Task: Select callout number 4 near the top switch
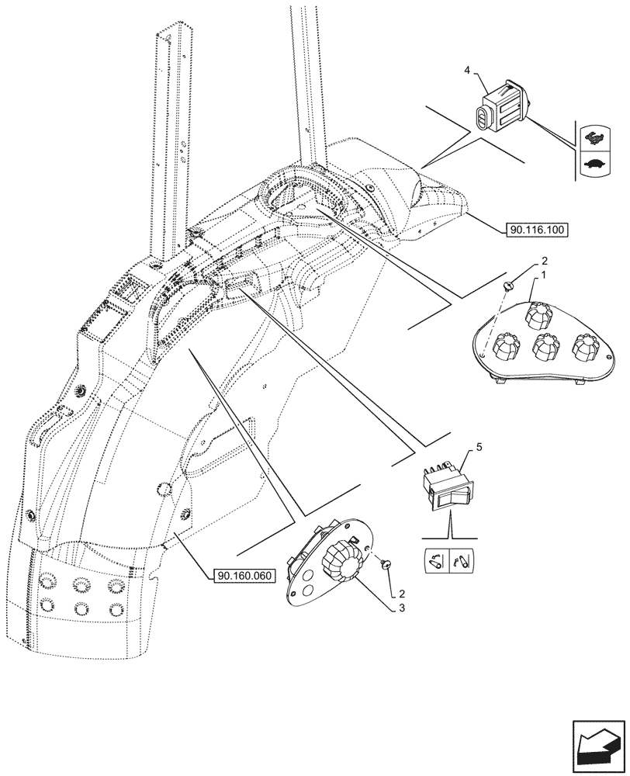[x=467, y=71]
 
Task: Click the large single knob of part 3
[x=340, y=563]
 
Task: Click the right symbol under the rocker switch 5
[x=463, y=559]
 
